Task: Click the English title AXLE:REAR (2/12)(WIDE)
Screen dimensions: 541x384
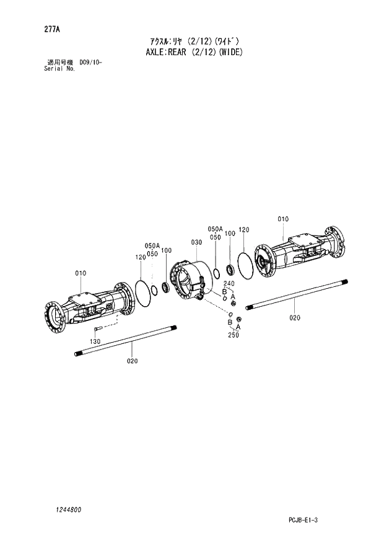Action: pyautogui.click(x=192, y=51)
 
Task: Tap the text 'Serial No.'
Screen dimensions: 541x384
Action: pyautogui.click(x=59, y=69)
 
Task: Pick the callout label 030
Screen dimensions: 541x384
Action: pyautogui.click(x=197, y=242)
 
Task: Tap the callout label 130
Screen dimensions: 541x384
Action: pyautogui.click(x=94, y=342)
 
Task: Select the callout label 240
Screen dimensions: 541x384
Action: pyautogui.click(x=229, y=283)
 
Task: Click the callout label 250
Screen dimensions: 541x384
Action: pyautogui.click(x=233, y=335)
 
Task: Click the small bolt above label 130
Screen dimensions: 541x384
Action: pyautogui.click(x=98, y=330)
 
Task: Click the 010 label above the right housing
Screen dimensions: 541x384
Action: pyautogui.click(x=283, y=219)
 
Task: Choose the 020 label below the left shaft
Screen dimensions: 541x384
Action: pyautogui.click(x=133, y=361)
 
